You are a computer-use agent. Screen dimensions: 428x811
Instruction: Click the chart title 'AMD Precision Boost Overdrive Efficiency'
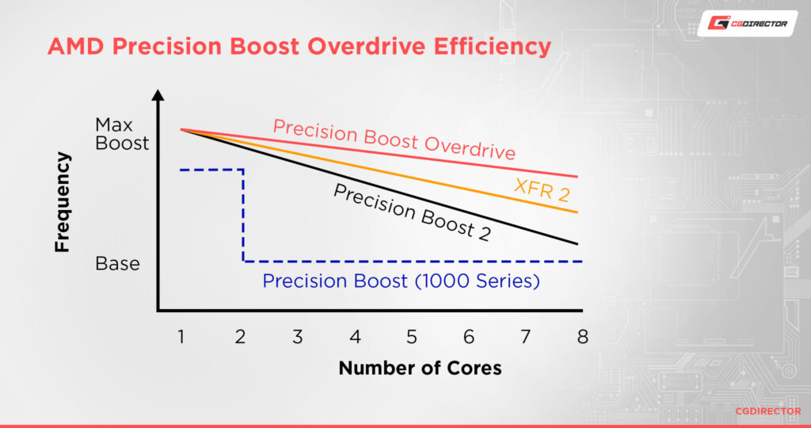pyautogui.click(x=299, y=46)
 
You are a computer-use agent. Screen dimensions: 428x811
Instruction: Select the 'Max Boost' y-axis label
pyautogui.click(x=122, y=134)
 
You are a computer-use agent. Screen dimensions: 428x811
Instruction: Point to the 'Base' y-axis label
pyautogui.click(x=117, y=263)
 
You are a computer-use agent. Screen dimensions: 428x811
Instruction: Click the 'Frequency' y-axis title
pyautogui.click(x=63, y=202)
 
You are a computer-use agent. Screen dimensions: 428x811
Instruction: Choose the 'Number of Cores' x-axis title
pyautogui.click(x=420, y=369)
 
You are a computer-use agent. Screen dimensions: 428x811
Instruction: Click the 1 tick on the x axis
pyautogui.click(x=181, y=337)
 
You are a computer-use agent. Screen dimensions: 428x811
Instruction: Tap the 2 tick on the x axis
pyautogui.click(x=240, y=337)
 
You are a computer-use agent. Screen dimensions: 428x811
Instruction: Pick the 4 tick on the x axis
pyautogui.click(x=355, y=337)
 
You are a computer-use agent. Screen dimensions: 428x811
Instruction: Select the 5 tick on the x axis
pyautogui.click(x=412, y=337)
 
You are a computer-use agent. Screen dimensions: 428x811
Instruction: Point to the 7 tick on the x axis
pyautogui.click(x=526, y=337)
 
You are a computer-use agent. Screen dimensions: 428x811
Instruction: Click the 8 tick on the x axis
pyautogui.click(x=583, y=337)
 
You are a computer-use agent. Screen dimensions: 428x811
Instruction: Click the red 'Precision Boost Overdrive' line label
pyautogui.click(x=394, y=139)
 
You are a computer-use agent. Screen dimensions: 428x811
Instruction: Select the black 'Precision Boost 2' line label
pyautogui.click(x=411, y=212)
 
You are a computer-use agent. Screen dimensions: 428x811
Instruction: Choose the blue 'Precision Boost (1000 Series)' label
pyautogui.click(x=402, y=281)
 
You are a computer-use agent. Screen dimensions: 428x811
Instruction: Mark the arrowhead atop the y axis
pyautogui.click(x=158, y=97)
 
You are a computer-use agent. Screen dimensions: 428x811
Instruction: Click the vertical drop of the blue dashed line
pyautogui.click(x=243, y=214)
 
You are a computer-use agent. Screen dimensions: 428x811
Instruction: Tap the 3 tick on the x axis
pyautogui.click(x=297, y=337)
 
